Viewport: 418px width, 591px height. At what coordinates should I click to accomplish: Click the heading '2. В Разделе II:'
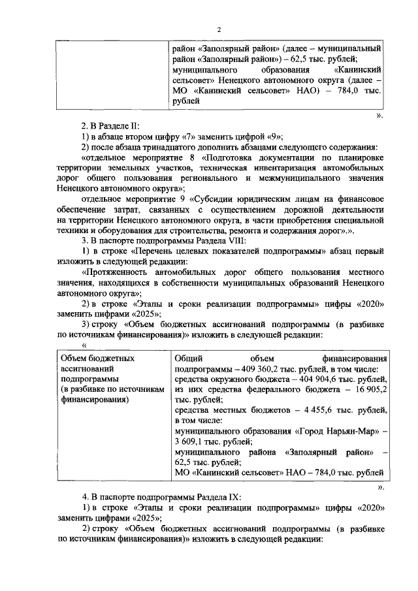(108, 126)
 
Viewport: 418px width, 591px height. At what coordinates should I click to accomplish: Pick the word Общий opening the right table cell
(189, 359)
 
